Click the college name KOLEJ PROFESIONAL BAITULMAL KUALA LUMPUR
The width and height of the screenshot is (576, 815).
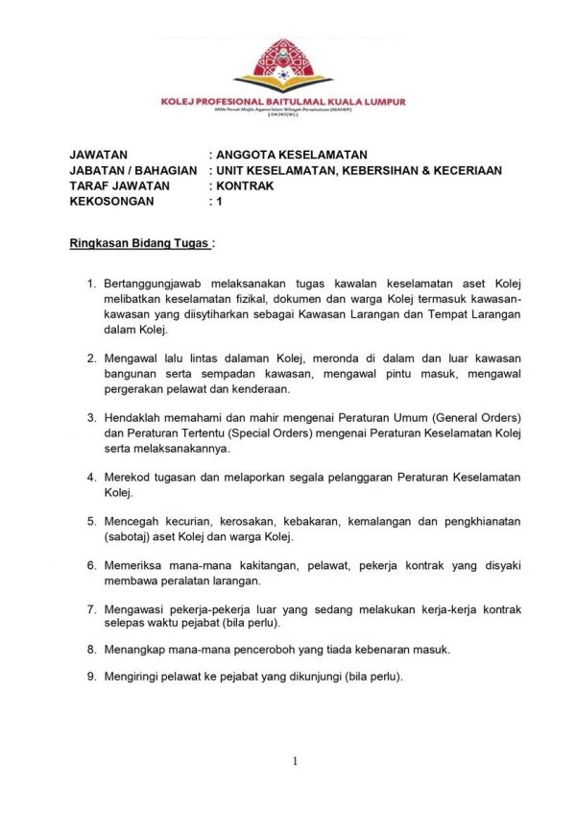coord(283,101)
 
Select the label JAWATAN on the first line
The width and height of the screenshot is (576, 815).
coord(99,154)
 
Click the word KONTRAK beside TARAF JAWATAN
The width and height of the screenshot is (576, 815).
coord(246,185)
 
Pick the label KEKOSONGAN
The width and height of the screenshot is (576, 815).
coord(112,202)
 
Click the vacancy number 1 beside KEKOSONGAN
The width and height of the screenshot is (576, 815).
coord(220,202)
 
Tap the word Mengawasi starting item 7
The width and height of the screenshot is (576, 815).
coord(135,609)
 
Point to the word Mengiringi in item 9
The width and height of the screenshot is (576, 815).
coord(134,676)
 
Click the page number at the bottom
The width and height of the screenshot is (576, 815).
coord(295,761)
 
